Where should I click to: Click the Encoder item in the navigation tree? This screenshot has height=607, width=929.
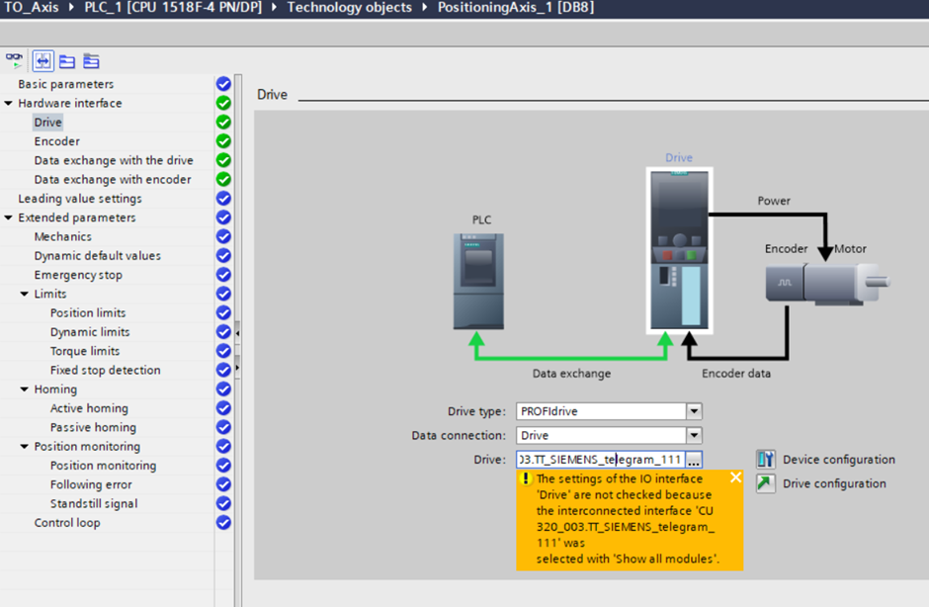click(57, 141)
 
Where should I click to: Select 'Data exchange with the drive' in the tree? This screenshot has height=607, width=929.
click(114, 160)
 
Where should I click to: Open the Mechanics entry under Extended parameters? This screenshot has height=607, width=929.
click(63, 236)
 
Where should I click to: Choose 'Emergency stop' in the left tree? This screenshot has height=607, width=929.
click(78, 275)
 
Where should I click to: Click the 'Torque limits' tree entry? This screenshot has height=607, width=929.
click(85, 351)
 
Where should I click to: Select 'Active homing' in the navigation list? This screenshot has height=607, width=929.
click(89, 408)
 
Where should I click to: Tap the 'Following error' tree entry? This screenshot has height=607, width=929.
click(91, 484)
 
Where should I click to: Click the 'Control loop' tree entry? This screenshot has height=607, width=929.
click(67, 523)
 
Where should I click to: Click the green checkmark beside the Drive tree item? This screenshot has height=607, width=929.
click(223, 123)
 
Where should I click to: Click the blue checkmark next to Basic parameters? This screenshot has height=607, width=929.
click(223, 84)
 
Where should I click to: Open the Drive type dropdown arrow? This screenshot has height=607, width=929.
click(695, 411)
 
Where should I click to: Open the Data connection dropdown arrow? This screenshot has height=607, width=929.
click(695, 435)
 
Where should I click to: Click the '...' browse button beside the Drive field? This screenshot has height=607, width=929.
click(694, 460)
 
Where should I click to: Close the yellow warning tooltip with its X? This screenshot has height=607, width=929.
click(735, 477)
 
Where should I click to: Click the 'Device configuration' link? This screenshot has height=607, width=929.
click(838, 460)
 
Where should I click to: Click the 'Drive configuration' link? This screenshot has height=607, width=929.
click(834, 483)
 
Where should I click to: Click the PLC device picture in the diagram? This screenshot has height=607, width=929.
click(479, 281)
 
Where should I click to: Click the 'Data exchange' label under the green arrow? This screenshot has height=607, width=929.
click(571, 374)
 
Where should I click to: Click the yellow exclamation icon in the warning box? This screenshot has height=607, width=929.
click(526, 478)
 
